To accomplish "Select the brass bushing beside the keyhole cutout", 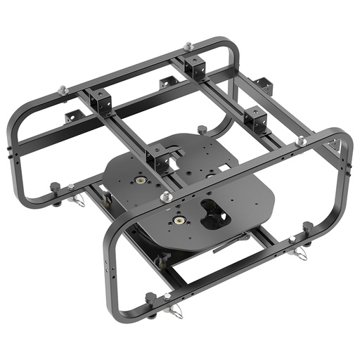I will tap(179, 219).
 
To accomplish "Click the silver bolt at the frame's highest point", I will tap(188, 46).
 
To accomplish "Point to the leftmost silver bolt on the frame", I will tap(63, 89).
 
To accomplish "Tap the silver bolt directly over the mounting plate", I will tap(166, 198).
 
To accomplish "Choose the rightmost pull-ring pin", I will tap(301, 253).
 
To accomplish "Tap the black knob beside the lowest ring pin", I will tap(150, 299).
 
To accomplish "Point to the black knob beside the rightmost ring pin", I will tap(307, 227).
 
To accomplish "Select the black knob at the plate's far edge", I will tap(202, 129).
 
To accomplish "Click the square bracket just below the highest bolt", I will tap(193, 67).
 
